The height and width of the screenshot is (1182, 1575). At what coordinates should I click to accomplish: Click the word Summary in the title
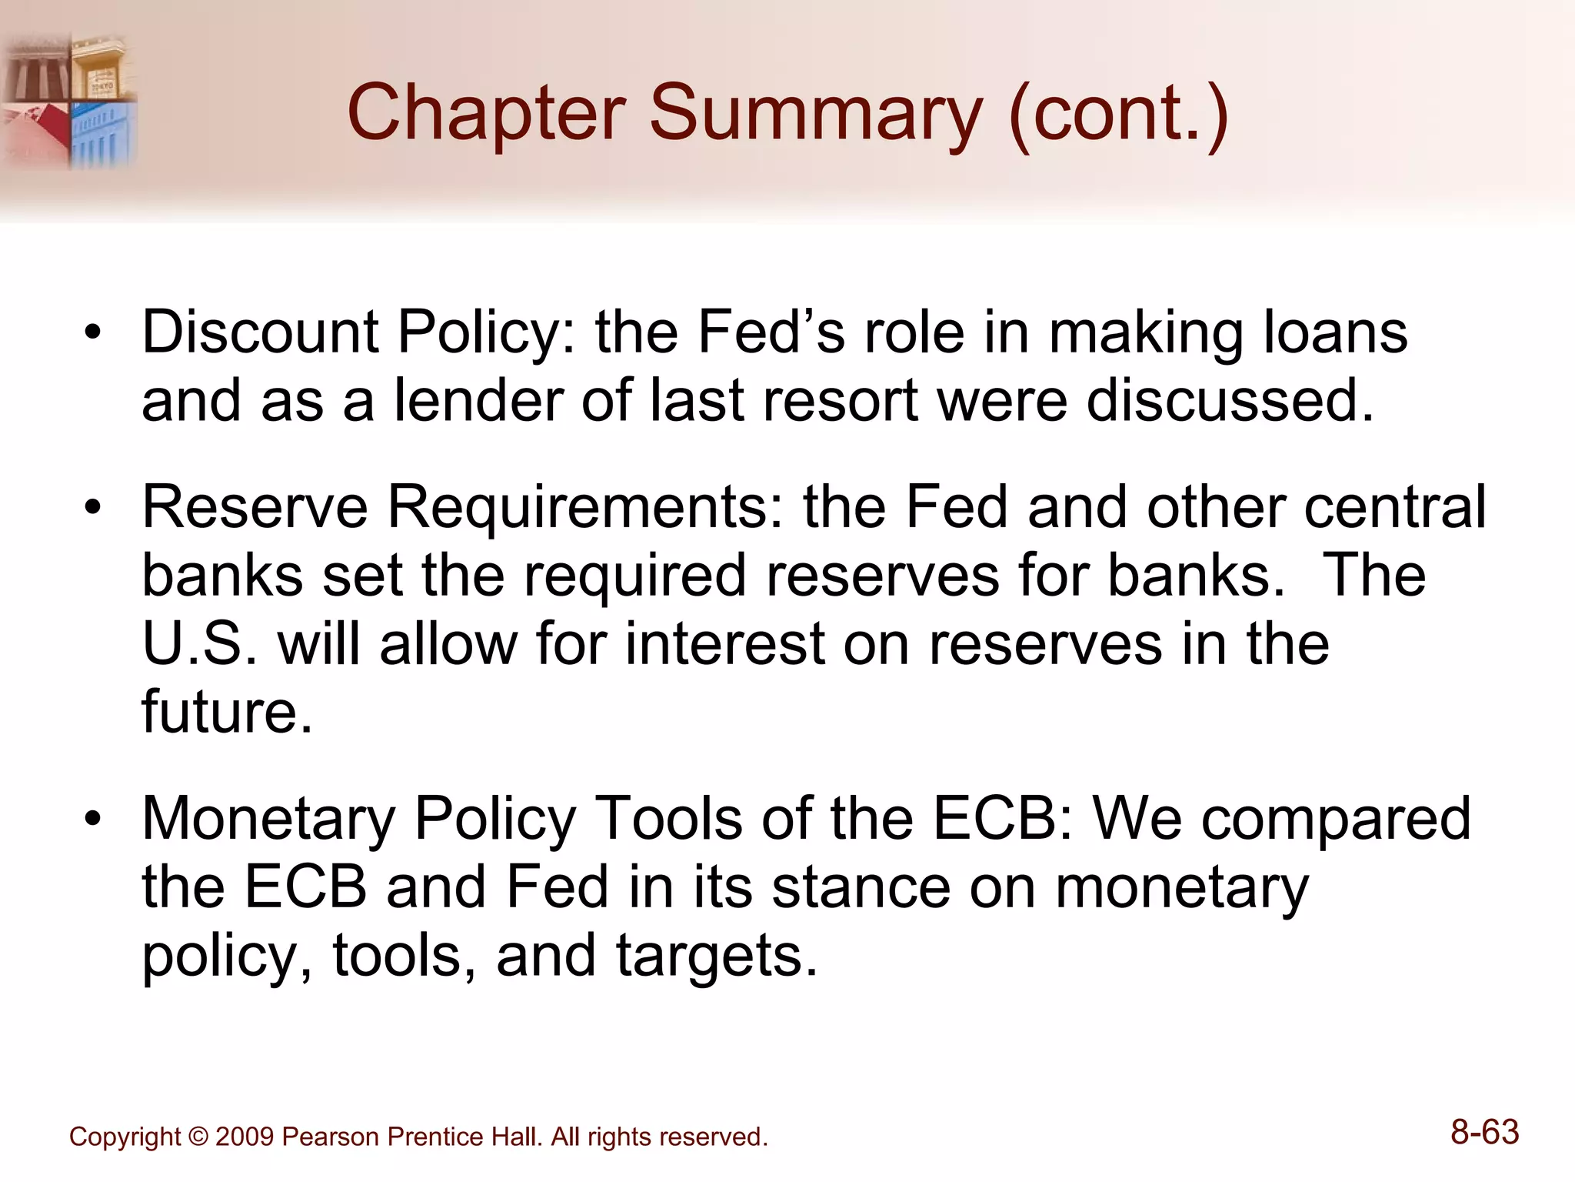[816, 114]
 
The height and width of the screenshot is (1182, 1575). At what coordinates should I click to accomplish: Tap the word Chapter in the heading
[486, 114]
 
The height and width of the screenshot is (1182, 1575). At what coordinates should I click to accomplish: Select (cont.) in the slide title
[1118, 114]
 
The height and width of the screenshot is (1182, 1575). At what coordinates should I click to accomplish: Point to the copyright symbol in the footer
[198, 1137]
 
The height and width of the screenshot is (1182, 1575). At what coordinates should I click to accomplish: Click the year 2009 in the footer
[245, 1137]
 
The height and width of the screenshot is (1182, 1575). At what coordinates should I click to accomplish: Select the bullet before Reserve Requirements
[93, 509]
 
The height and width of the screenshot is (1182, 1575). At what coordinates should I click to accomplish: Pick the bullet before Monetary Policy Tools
[93, 820]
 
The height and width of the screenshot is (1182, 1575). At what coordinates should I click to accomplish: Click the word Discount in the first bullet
[260, 332]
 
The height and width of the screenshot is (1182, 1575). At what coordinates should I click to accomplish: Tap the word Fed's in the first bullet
[770, 332]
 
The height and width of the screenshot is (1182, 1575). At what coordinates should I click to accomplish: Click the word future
[227, 712]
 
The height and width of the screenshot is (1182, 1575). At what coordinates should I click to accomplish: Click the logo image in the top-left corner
[69, 101]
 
